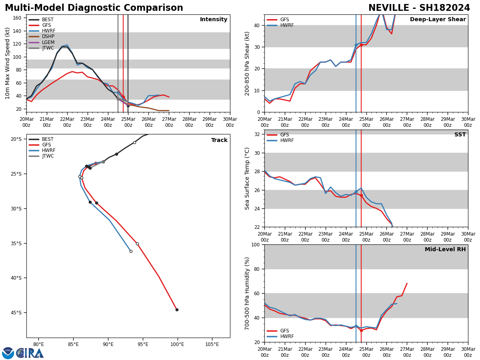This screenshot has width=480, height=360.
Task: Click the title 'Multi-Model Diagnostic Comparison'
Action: tap(94, 8)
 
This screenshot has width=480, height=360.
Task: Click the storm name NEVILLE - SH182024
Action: tap(419, 8)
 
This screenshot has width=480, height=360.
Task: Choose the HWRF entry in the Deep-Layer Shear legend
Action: tap(286, 25)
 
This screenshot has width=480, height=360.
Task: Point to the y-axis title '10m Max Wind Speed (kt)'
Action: tap(8, 63)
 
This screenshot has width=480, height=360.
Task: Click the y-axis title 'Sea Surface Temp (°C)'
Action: tap(247, 178)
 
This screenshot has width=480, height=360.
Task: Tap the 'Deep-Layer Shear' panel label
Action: tap(438, 20)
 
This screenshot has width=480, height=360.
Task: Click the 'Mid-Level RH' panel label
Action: tap(445, 250)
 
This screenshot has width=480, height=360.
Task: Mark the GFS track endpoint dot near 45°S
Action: tap(177, 310)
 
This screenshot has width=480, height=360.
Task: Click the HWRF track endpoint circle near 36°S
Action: tap(131, 251)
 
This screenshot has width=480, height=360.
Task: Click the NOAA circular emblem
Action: tap(8, 353)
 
